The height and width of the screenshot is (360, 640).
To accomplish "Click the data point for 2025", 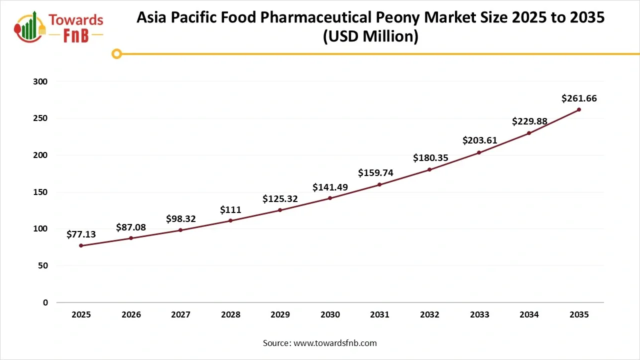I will point(81,245).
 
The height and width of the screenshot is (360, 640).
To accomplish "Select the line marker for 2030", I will point(330,198).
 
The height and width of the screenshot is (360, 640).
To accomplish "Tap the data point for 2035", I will point(578,109).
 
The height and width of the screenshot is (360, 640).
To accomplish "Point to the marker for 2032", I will point(429,169).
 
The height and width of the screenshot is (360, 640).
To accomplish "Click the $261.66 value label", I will point(579,98).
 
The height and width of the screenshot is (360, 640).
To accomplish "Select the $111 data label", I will point(230,210).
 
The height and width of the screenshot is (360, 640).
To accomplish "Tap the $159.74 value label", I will point(375,173).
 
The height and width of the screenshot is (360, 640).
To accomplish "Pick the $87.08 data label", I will point(131,227).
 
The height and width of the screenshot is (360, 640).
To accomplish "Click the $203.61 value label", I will point(479,140).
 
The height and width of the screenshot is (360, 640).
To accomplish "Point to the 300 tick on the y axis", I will point(41,81).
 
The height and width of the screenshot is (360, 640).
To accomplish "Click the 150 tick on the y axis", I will point(41,192).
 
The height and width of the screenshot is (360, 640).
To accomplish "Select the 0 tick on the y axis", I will point(45,302).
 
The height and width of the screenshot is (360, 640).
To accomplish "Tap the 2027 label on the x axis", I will point(180,314).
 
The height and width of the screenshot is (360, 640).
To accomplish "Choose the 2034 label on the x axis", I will point(529,314).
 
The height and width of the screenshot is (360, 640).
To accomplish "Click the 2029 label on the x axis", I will point(280,314).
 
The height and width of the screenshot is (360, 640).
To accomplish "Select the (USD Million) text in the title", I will point(370,36).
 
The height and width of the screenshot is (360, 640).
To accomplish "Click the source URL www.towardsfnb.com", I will point(335,343).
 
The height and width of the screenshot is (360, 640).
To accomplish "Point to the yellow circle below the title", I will point(116,53).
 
